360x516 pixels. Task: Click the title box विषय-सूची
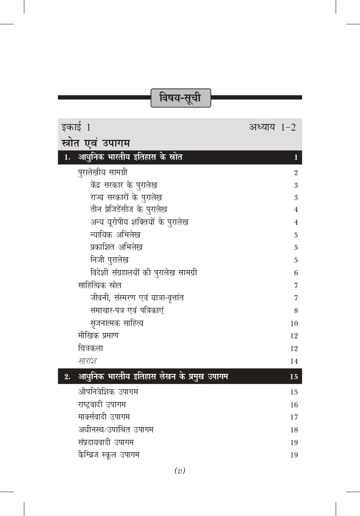point(180,98)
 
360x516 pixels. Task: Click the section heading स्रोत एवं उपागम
point(97,143)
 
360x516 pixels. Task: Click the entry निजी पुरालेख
point(109,260)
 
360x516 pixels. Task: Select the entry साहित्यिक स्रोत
point(100,285)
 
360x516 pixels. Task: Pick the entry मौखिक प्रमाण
point(98,336)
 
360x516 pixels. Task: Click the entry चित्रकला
point(90,348)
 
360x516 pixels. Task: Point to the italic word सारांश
point(87,361)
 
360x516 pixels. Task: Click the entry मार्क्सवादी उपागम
point(104,417)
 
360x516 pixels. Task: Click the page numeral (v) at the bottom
point(180,471)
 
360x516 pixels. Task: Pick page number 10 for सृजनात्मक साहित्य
point(294,324)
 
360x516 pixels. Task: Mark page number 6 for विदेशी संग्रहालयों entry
point(296,273)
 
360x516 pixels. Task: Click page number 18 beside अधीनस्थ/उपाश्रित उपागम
point(294,430)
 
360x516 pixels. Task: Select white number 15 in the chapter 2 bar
point(294,377)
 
